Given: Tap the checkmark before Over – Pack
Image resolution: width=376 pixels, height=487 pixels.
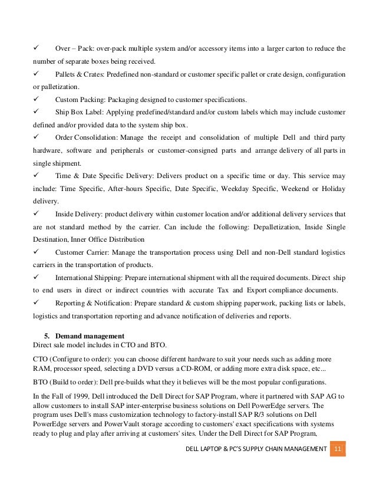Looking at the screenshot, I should click(x=37, y=48).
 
